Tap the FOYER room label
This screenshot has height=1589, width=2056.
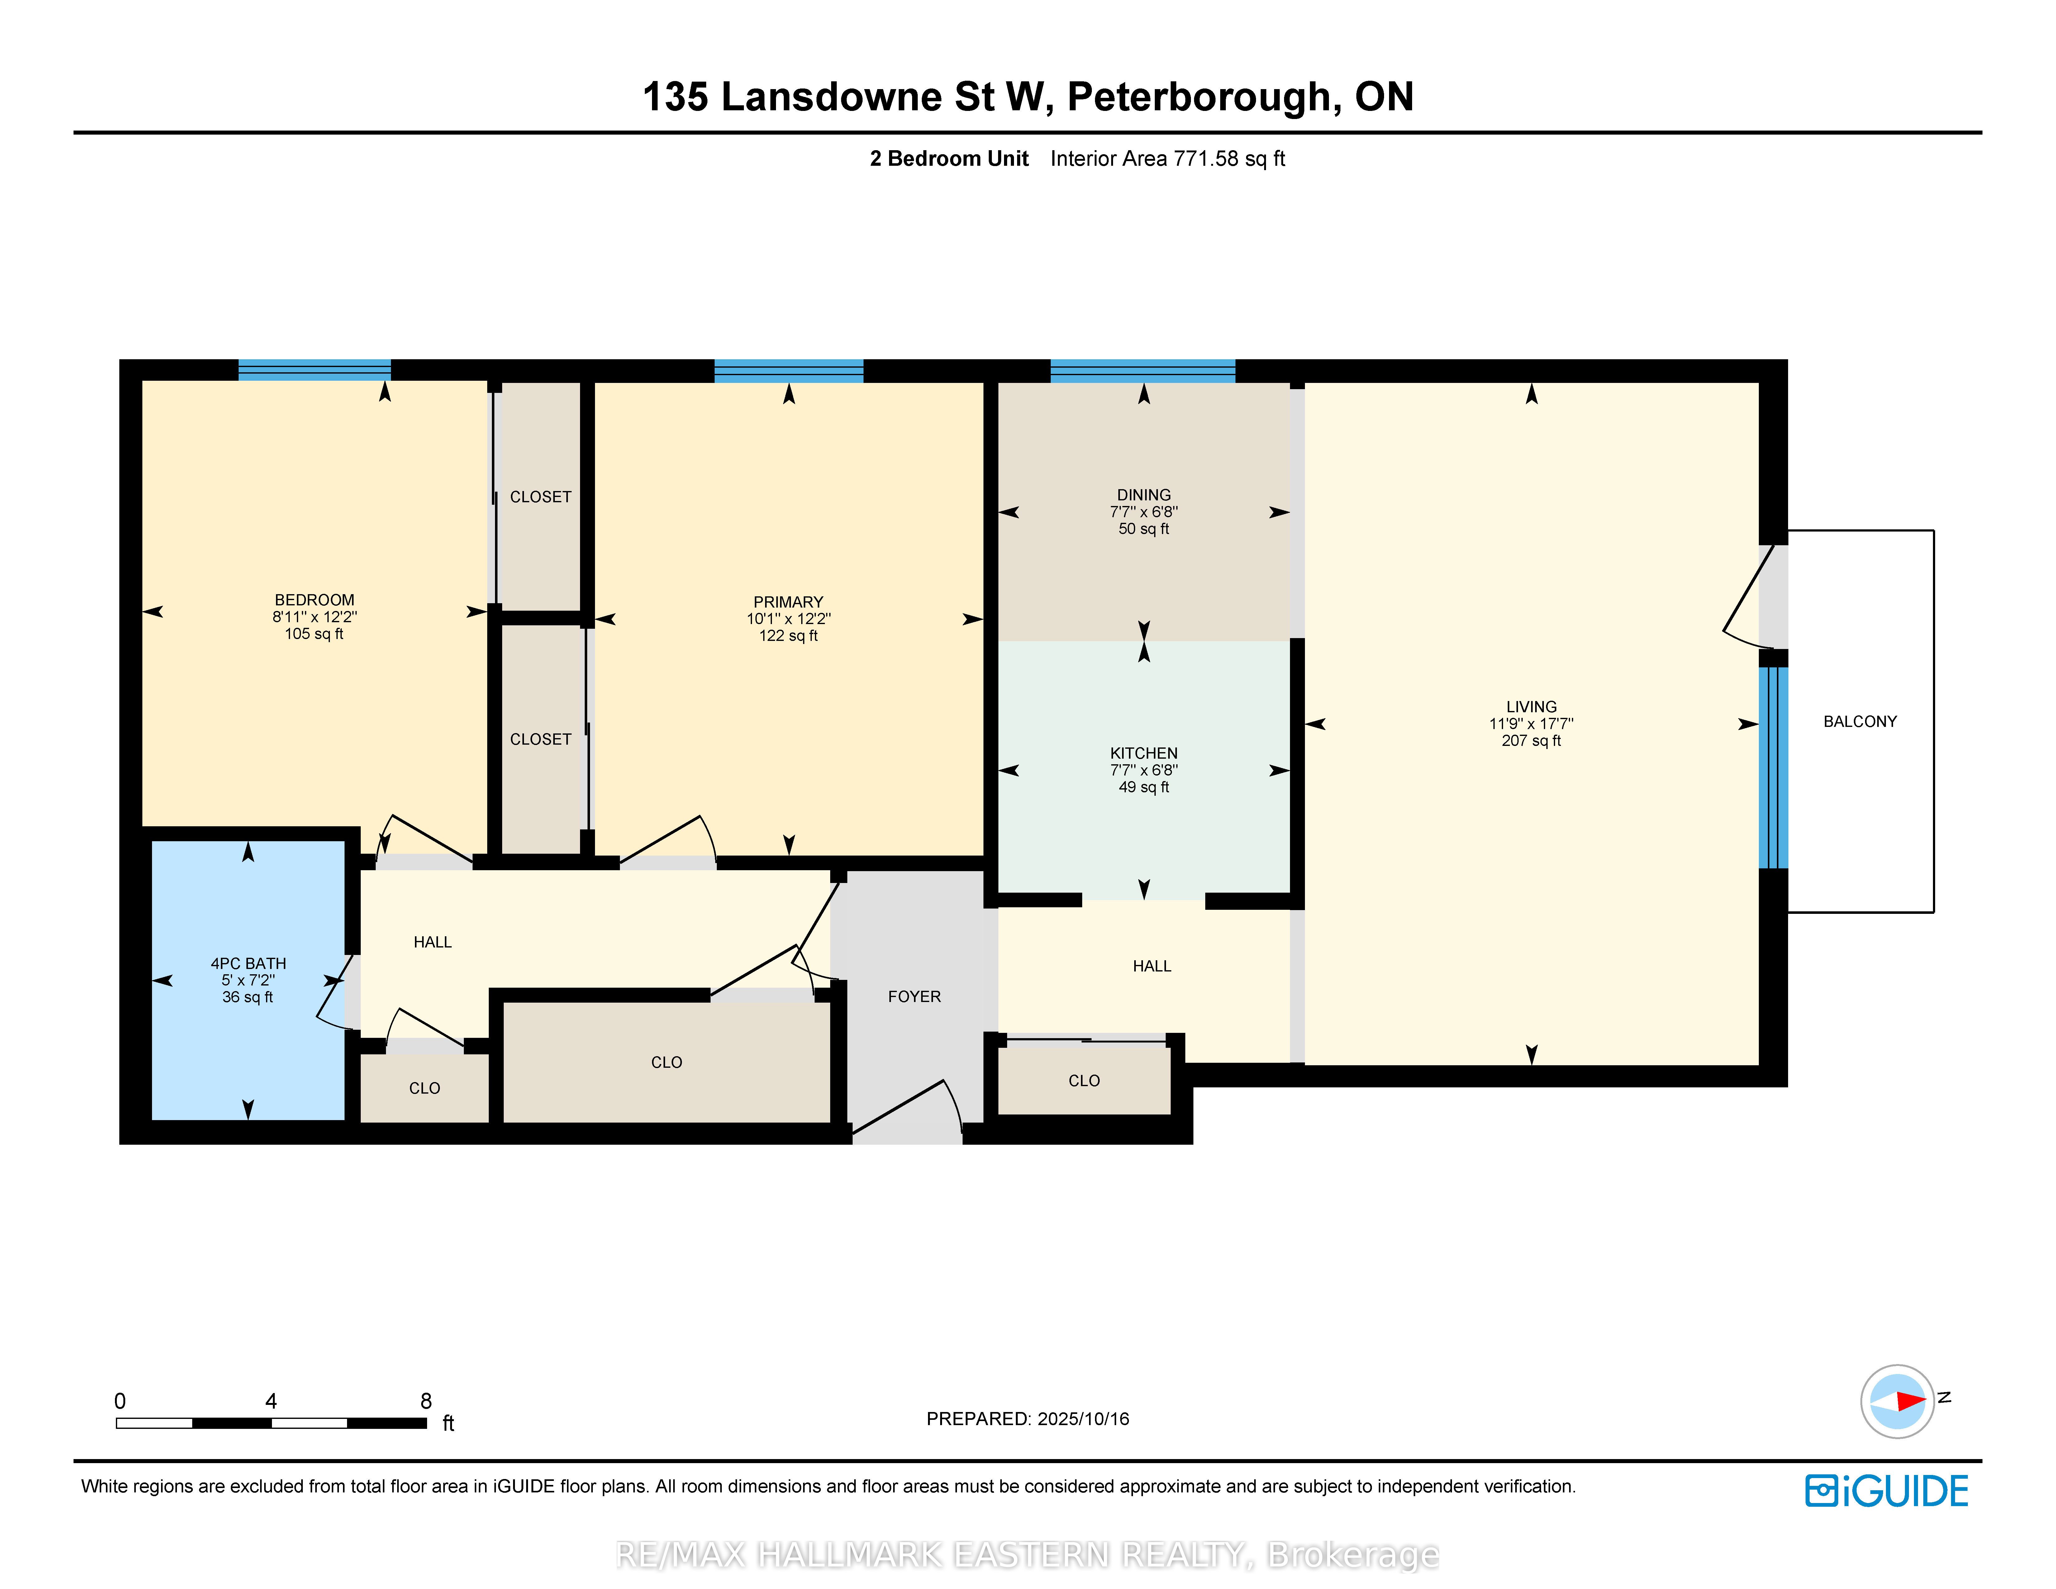914,997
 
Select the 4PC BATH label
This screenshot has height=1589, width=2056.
249,964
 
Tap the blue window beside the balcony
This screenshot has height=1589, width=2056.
1773,767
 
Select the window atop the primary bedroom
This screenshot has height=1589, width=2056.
789,371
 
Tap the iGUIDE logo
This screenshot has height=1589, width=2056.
1887,1491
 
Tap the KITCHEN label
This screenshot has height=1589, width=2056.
1144,753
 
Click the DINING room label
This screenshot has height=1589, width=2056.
1144,495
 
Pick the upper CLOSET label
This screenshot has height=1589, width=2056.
540,497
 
